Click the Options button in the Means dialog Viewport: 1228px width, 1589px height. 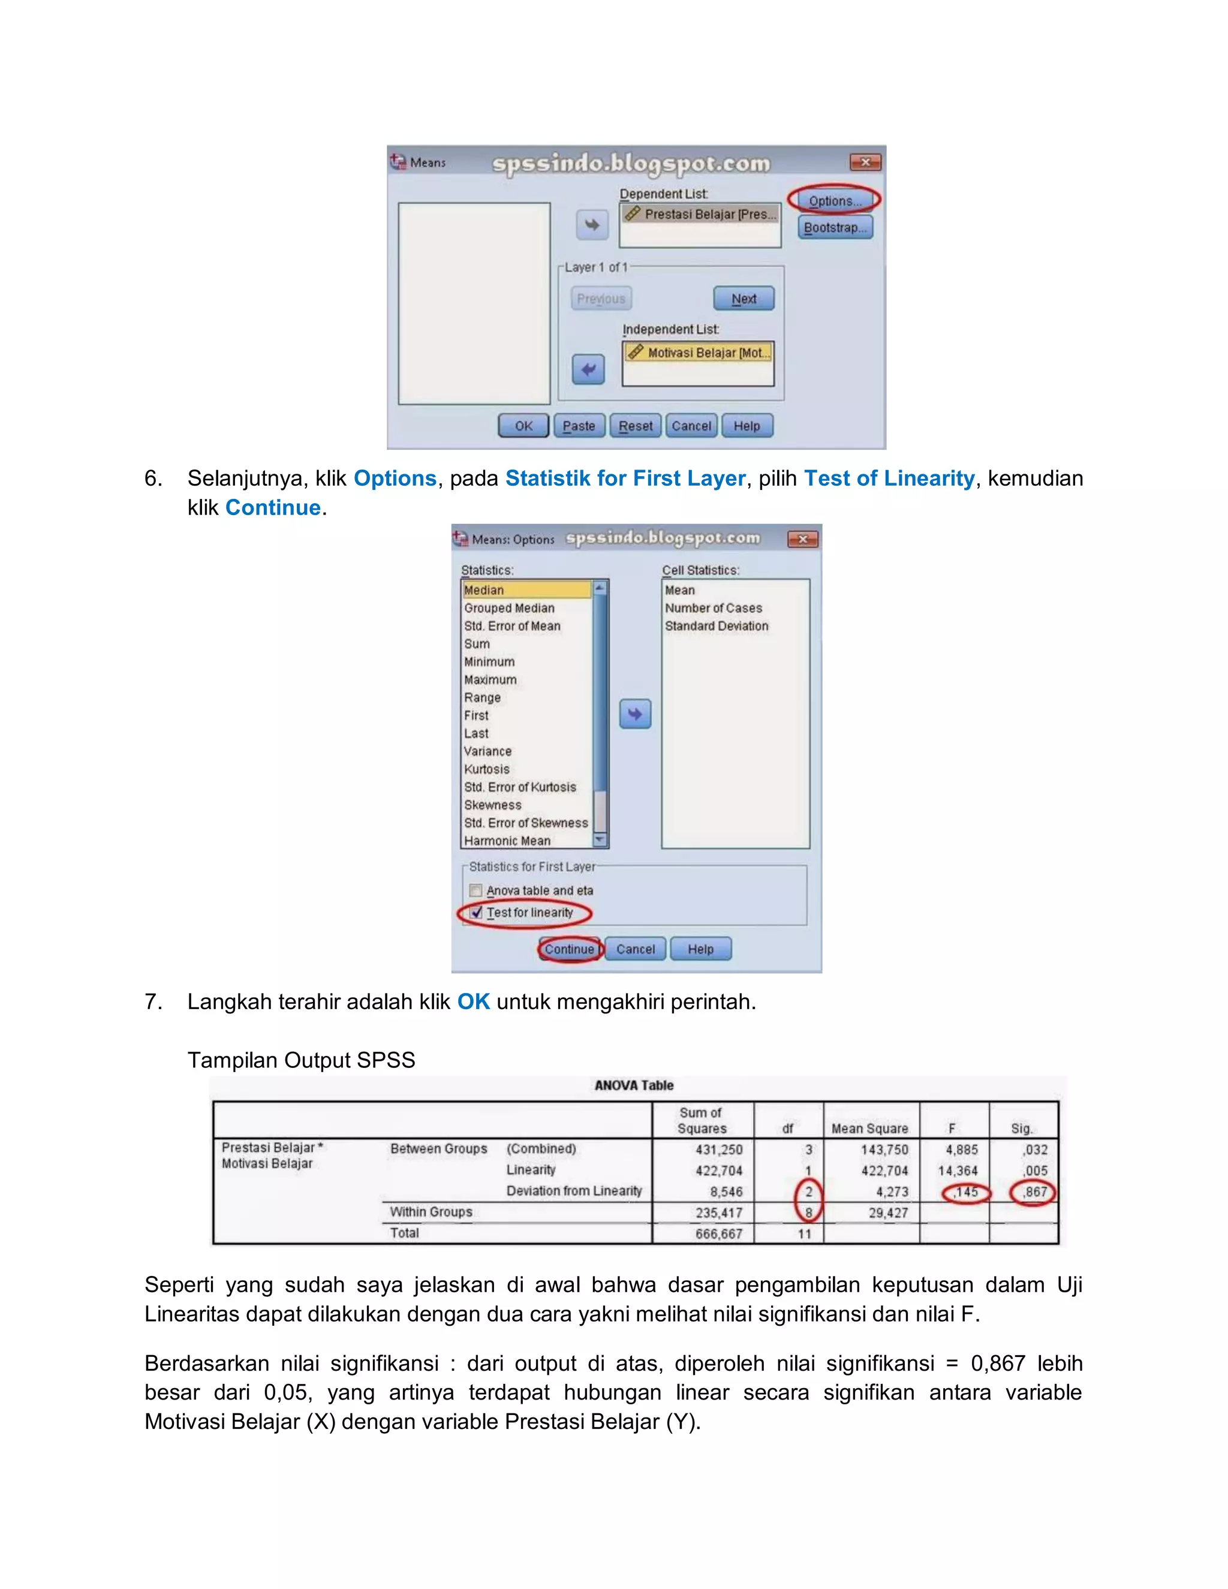point(835,201)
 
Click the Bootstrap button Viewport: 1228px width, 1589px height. point(835,228)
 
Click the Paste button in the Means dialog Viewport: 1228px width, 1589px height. point(579,426)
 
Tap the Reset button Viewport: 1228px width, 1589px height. point(636,426)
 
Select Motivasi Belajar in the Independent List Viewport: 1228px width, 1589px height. point(699,353)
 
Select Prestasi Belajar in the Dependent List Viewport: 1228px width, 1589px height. point(700,215)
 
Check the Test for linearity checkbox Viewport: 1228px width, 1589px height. point(477,913)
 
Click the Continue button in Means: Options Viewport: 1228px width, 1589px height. point(570,949)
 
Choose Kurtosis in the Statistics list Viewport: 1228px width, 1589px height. point(487,769)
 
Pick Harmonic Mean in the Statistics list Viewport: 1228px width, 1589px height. point(507,840)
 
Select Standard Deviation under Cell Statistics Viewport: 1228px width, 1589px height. point(716,625)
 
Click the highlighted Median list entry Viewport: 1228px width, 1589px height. point(526,590)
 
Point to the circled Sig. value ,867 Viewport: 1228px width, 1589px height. point(1034,1192)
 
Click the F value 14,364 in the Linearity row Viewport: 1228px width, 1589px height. point(958,1170)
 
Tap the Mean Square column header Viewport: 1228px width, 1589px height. point(869,1128)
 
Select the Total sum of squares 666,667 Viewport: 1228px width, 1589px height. point(719,1234)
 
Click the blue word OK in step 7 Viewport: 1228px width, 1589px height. point(473,1002)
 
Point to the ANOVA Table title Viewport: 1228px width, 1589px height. point(634,1085)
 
